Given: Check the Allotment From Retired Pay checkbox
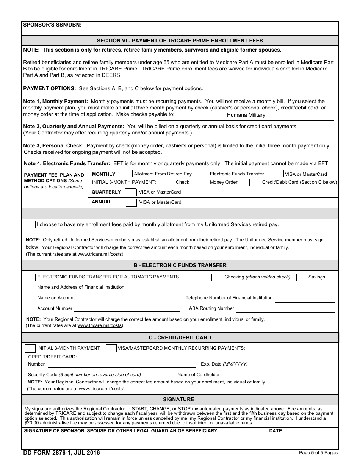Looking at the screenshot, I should [x=127, y=174].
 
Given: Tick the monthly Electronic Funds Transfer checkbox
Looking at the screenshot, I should [x=203, y=174].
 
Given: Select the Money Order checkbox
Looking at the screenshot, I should [x=203, y=182].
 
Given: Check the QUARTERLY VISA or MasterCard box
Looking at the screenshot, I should [x=131, y=192].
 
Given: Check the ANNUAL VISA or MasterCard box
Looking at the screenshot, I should [x=131, y=202].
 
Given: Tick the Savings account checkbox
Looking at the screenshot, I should [x=302, y=277].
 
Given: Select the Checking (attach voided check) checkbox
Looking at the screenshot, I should [x=217, y=277].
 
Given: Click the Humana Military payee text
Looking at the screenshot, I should [x=246, y=115].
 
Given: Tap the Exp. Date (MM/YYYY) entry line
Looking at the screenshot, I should [x=266, y=364].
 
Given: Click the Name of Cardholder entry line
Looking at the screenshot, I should [x=279, y=375].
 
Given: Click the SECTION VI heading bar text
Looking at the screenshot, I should [x=180, y=41].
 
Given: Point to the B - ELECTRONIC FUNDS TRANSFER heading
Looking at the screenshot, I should [x=180, y=265].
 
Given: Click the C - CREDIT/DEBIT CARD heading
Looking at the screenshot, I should [x=180, y=338].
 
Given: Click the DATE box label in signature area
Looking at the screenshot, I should [x=275, y=431].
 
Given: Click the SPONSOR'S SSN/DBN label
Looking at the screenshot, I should [x=52, y=25].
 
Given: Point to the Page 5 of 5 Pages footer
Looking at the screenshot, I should [x=318, y=453].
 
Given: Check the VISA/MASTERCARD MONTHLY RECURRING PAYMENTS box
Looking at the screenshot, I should [x=111, y=348].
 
